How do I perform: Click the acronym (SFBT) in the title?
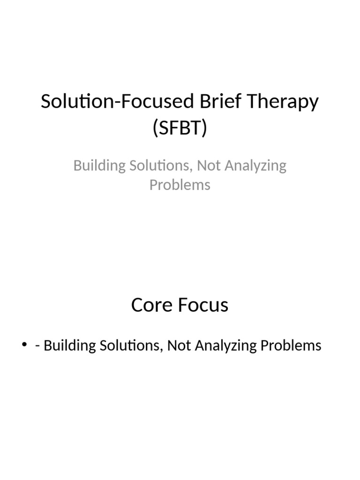point(180,128)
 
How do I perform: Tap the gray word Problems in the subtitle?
point(180,185)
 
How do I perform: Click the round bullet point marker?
point(24,346)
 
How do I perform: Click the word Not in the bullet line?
point(177,346)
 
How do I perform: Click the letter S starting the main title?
point(46,102)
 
